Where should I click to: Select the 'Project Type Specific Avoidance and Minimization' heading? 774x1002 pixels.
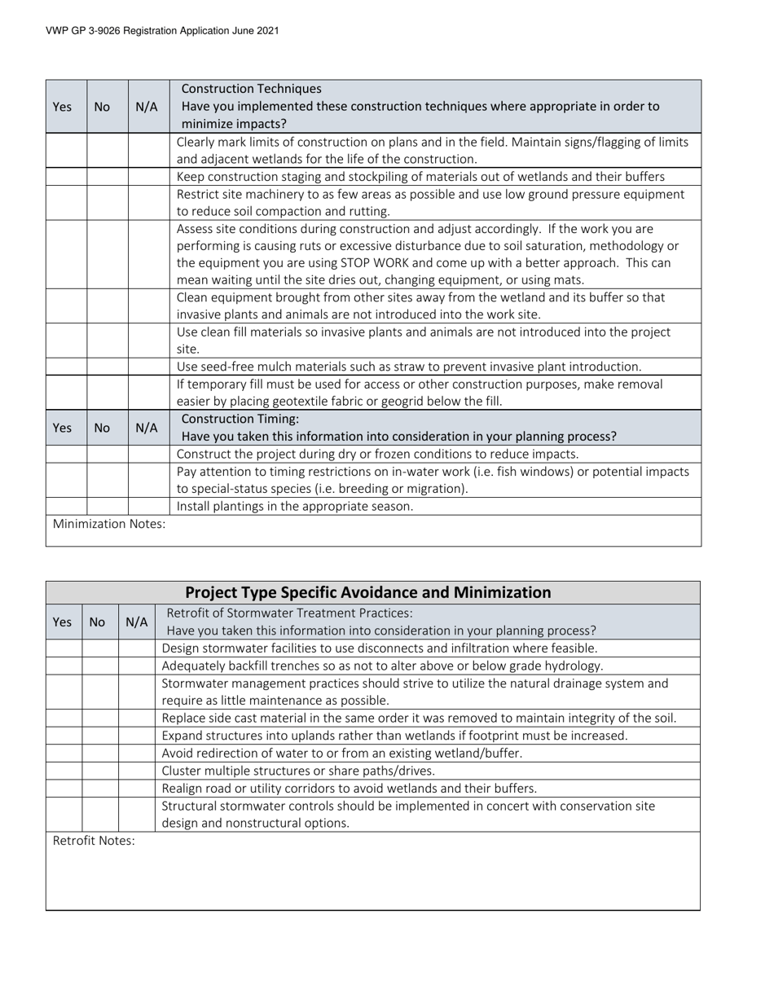367,592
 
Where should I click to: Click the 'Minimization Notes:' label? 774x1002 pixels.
109,524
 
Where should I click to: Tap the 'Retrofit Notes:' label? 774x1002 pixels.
94,841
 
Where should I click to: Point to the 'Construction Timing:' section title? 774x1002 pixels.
240,419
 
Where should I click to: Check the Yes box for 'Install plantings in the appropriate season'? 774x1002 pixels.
66,506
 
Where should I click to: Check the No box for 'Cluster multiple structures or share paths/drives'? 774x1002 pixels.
100,771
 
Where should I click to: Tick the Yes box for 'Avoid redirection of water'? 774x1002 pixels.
64,754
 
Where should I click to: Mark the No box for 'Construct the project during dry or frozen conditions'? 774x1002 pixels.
108,454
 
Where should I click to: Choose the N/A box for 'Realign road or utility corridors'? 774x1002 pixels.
137,788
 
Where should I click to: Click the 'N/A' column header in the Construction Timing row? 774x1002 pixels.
147,428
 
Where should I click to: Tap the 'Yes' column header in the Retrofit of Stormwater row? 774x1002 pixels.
62,622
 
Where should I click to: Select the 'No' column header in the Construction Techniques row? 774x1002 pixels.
102,106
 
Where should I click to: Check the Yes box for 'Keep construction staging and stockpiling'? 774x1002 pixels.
66,177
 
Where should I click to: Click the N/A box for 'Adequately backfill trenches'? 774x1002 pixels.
137,666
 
